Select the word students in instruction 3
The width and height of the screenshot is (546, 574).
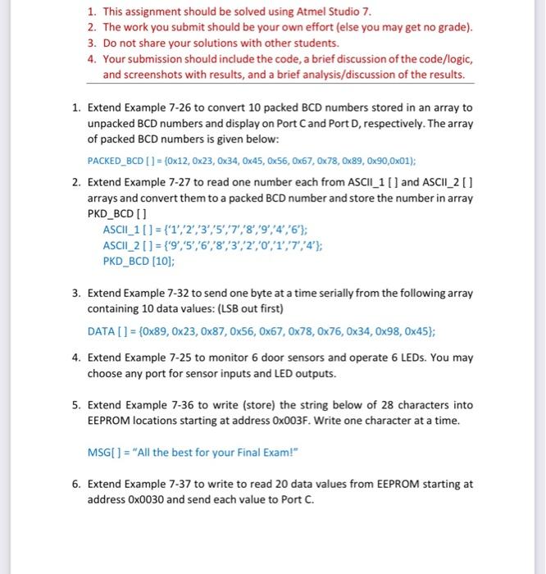coord(292,43)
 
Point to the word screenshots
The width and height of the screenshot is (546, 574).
coord(157,75)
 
